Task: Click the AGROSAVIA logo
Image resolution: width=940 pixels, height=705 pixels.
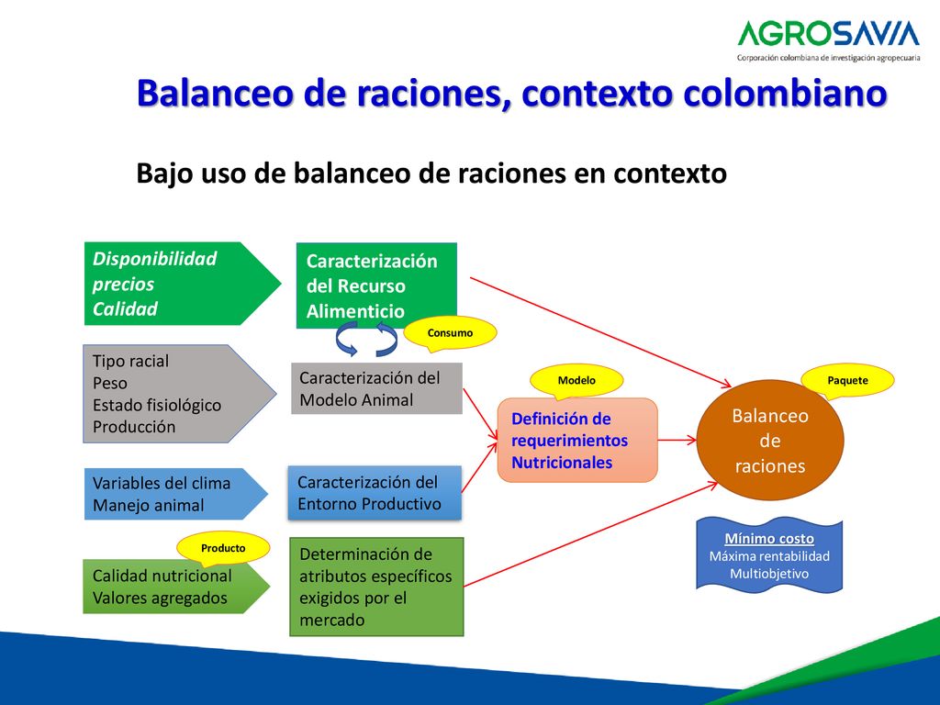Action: click(828, 40)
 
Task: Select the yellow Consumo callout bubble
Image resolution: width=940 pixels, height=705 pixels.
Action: click(450, 332)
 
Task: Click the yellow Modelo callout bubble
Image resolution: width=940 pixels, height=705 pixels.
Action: click(576, 381)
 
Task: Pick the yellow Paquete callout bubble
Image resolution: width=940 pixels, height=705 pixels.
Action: click(847, 380)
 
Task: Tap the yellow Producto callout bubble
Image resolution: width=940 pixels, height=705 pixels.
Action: click(223, 548)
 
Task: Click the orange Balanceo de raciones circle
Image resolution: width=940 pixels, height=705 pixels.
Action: click(770, 441)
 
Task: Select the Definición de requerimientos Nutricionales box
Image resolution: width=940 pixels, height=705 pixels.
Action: click(577, 440)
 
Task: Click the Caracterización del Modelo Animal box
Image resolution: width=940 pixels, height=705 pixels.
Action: click(376, 388)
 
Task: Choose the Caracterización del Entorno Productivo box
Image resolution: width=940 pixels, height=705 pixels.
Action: click(375, 493)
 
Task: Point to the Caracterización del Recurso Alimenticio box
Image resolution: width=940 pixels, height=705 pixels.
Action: click(376, 285)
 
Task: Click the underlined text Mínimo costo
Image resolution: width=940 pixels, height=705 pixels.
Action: click(769, 538)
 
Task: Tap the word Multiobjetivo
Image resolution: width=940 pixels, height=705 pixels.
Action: click(769, 574)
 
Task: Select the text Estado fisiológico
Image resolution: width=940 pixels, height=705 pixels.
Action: click(157, 405)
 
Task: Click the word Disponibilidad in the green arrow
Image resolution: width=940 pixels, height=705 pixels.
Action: click(154, 258)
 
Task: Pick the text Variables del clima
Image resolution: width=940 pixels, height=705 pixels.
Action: click(162, 483)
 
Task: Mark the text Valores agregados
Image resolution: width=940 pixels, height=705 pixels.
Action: click(160, 598)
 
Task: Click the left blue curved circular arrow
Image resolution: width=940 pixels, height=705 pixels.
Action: click(346, 339)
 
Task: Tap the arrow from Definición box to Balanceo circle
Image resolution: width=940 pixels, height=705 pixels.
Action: click(677, 440)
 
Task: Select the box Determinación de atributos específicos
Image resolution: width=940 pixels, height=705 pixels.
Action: click(376, 587)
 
